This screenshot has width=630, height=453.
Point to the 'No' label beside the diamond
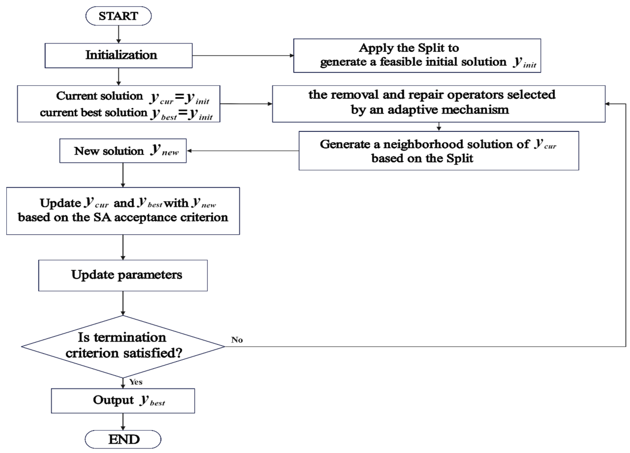tap(237, 340)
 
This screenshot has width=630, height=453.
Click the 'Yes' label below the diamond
tap(136, 382)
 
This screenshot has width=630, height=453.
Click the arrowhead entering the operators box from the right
tap(608, 104)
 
